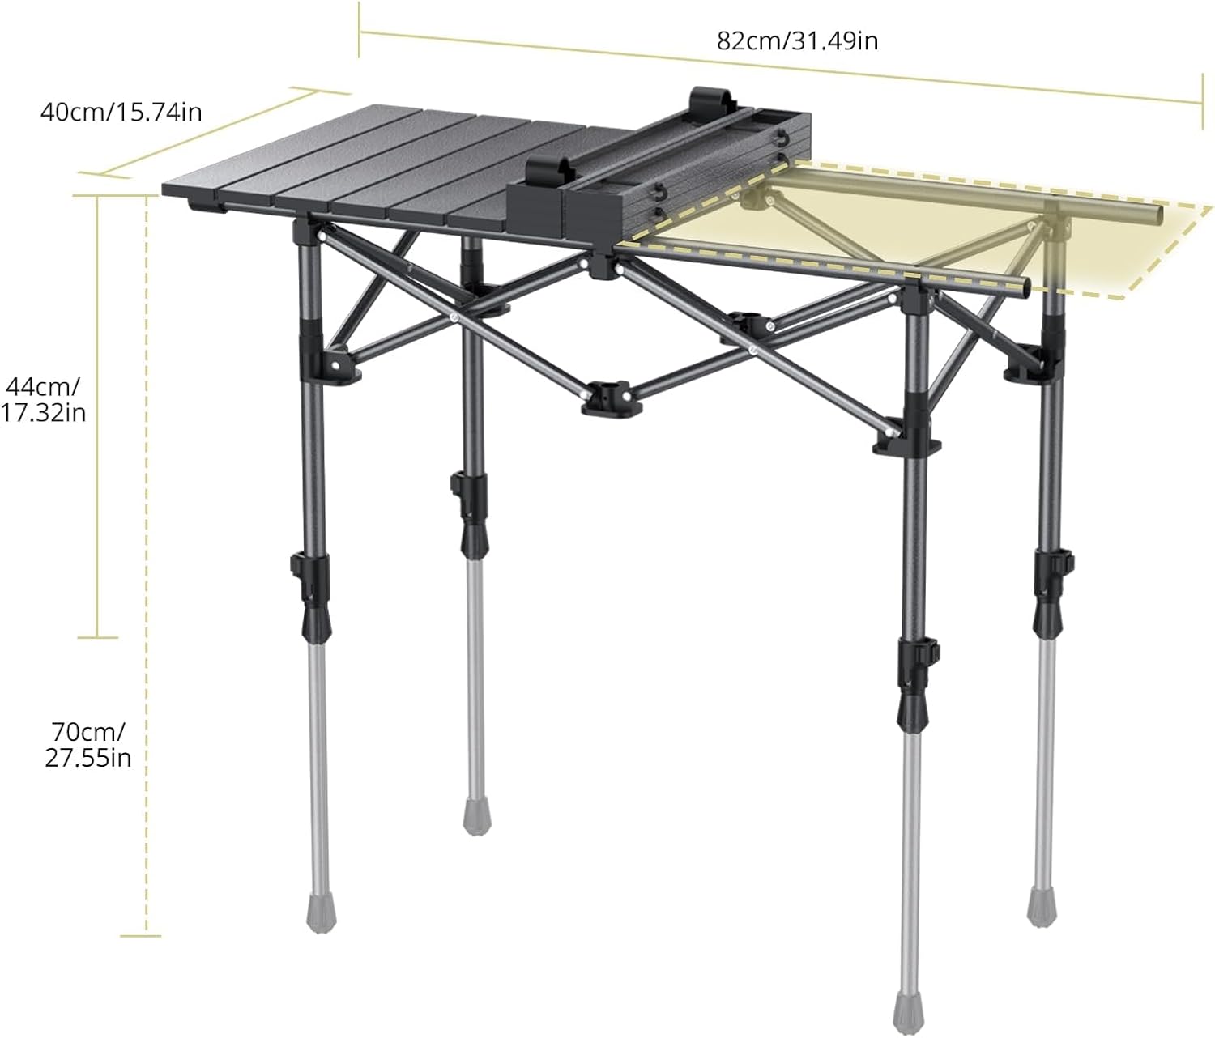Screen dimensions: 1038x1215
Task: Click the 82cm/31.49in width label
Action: [x=797, y=40]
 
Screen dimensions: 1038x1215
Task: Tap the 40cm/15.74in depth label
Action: [x=121, y=112]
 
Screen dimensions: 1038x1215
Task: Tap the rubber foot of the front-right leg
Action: [x=911, y=1006]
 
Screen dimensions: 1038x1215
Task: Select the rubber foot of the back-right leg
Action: [x=1041, y=905]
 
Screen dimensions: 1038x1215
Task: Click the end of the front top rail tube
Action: [x=1024, y=286]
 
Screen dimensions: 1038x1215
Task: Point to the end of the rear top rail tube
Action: [x=1157, y=215]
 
